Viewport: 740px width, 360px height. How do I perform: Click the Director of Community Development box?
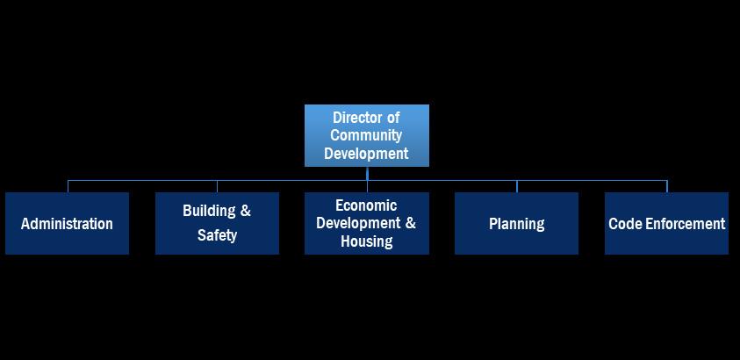pos(366,135)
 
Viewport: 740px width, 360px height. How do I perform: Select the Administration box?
pos(67,223)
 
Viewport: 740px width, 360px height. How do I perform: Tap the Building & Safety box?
pos(217,223)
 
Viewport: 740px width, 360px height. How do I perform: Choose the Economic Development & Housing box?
pos(366,223)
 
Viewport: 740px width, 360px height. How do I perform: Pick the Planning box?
pos(516,223)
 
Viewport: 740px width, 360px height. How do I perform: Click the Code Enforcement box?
pos(666,223)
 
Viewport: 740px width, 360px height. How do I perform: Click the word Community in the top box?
pos(366,135)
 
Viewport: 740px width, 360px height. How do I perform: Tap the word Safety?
pos(217,235)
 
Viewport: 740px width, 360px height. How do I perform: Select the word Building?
pos(209,211)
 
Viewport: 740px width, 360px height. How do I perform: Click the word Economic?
pos(366,205)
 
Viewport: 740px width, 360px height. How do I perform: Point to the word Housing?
pos(366,241)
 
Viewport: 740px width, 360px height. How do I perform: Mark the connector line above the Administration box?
pos(68,186)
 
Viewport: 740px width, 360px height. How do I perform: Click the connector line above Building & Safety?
pos(217,186)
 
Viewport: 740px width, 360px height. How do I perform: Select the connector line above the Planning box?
pos(517,186)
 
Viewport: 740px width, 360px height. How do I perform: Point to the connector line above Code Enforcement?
pos(667,186)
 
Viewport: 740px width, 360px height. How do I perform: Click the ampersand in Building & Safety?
pos(245,211)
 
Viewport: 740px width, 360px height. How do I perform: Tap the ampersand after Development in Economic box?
pos(410,223)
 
